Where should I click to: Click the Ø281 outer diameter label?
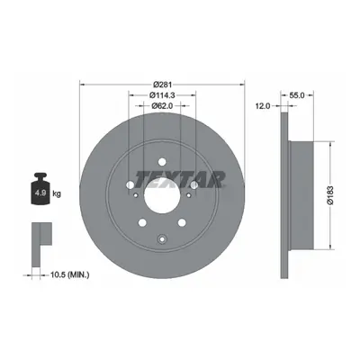coord(162,85)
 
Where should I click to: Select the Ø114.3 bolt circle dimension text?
coord(162,95)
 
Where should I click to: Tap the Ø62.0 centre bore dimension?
coord(162,105)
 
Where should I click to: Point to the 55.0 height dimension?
coord(297,95)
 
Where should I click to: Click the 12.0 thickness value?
coord(264,106)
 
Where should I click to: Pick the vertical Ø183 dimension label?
coord(330,195)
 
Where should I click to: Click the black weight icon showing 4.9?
coord(40,189)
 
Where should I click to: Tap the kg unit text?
coord(57,193)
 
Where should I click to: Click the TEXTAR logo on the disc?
coord(180,179)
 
